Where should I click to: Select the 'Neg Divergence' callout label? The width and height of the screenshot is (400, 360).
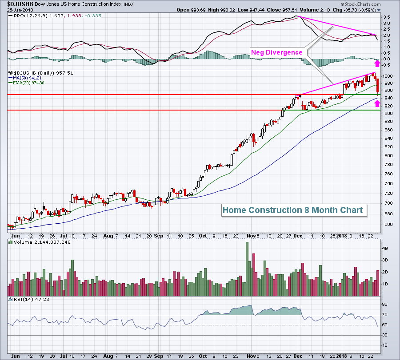(277, 52)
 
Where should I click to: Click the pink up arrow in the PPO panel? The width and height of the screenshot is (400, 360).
(377, 63)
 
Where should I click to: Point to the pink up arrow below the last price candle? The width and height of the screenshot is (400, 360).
(377, 103)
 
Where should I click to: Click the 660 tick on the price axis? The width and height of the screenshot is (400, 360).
(388, 224)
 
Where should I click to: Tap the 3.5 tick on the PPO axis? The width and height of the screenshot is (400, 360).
(387, 17)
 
